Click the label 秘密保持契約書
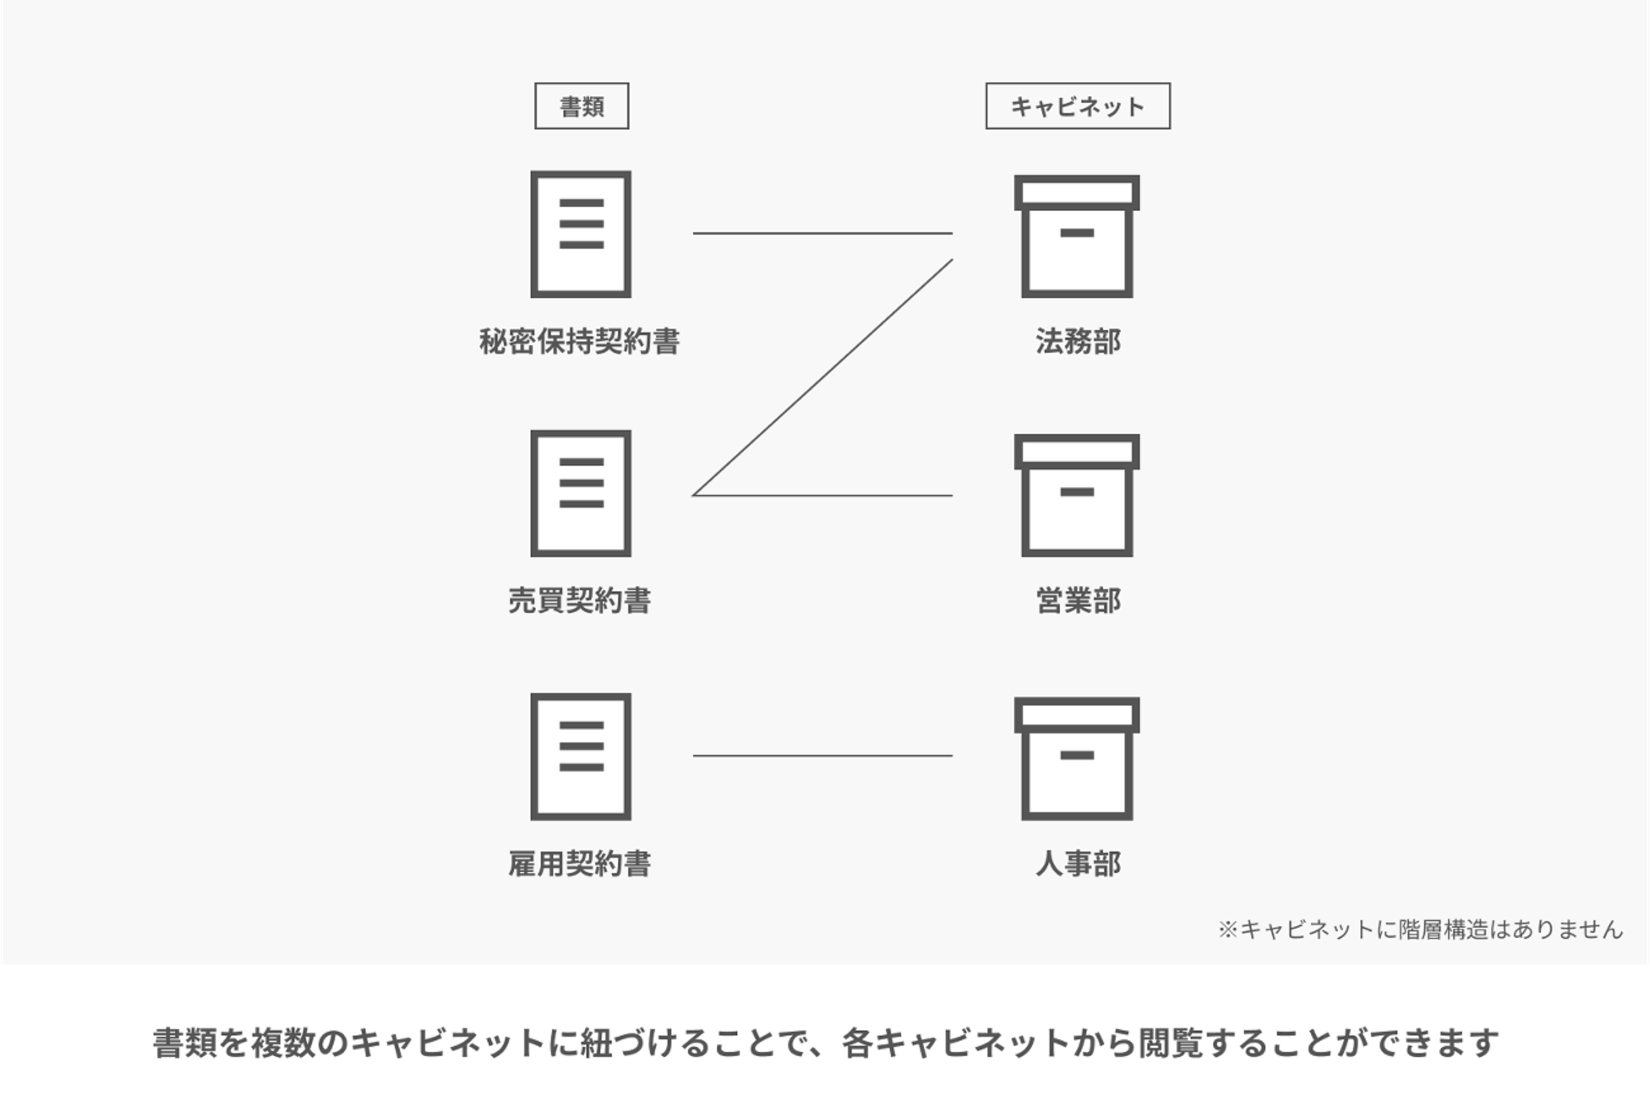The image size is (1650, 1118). click(579, 341)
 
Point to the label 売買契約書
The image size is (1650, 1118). click(579, 600)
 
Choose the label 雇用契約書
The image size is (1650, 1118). click(579, 864)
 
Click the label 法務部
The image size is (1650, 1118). click(1078, 341)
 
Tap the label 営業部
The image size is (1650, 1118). click(1078, 600)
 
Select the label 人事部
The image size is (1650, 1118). click(1078, 864)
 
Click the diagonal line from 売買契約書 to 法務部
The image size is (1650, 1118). click(822, 377)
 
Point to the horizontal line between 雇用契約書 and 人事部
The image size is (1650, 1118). click(823, 756)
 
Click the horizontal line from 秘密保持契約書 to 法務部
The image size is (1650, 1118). click(823, 233)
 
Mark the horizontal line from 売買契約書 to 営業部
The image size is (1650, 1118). click(823, 496)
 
